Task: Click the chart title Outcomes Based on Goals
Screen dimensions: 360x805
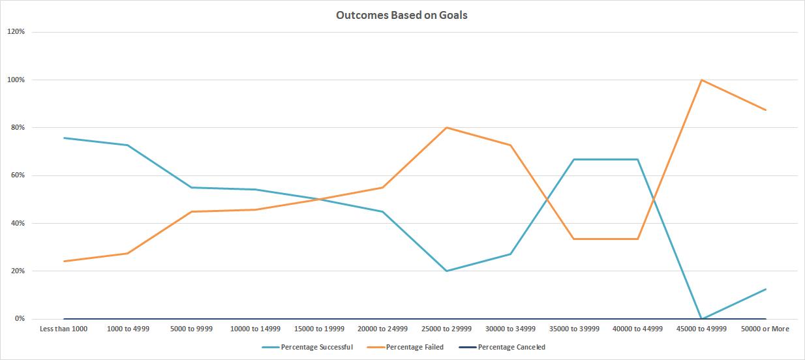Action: pyautogui.click(x=401, y=15)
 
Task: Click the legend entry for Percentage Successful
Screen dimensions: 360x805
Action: pyautogui.click(x=316, y=347)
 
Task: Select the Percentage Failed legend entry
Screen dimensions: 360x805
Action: pyautogui.click(x=414, y=347)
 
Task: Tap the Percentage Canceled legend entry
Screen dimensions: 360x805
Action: pyautogui.click(x=511, y=347)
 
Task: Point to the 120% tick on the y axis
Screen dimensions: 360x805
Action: pyautogui.click(x=16, y=32)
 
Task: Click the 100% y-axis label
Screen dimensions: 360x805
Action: pyautogui.click(x=16, y=80)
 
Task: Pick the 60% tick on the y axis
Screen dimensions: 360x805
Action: pyautogui.click(x=17, y=175)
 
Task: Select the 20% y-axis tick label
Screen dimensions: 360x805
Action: pyautogui.click(x=17, y=271)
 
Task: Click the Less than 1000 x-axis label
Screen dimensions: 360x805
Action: pyautogui.click(x=63, y=329)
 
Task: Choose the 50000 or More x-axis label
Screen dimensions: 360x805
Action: pyautogui.click(x=765, y=329)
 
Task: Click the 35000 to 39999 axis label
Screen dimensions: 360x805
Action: pyautogui.click(x=573, y=329)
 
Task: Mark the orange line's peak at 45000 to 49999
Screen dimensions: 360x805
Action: pyautogui.click(x=701, y=80)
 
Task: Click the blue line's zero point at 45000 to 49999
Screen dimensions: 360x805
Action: pyautogui.click(x=701, y=318)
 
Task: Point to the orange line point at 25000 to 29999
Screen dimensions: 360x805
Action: pyautogui.click(x=446, y=128)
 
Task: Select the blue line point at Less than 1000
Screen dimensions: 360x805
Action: pyautogui.click(x=64, y=138)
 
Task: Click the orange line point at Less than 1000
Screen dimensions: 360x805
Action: pyautogui.click(x=64, y=261)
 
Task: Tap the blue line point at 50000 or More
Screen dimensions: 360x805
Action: pyautogui.click(x=765, y=289)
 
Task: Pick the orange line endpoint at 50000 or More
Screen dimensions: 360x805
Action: pyautogui.click(x=765, y=110)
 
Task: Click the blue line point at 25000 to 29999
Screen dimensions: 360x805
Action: pyautogui.click(x=446, y=271)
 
